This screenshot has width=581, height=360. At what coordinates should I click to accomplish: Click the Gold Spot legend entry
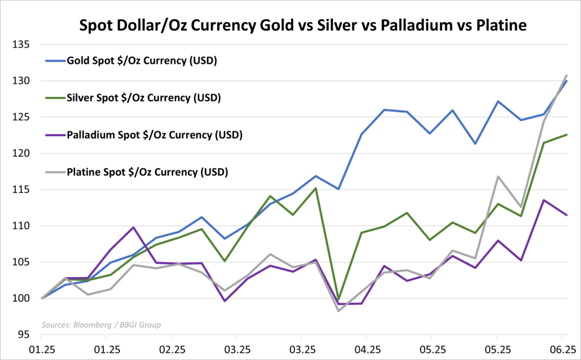pos(142,60)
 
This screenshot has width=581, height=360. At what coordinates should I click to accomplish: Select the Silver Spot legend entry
pos(144,98)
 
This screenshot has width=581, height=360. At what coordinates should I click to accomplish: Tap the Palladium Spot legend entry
pos(154,135)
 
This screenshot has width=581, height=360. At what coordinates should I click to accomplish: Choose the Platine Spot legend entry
pos(147,171)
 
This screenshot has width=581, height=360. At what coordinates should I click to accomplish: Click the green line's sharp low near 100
pos(339,299)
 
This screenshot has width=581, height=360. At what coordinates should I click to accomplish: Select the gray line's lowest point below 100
pos(339,311)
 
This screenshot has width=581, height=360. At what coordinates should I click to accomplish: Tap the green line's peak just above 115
pos(315,188)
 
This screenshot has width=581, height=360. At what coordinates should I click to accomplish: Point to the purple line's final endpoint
pos(567,215)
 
